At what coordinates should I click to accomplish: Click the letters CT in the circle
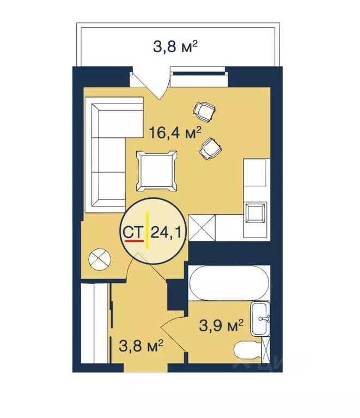click(x=133, y=233)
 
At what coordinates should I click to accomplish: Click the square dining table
click(x=157, y=171)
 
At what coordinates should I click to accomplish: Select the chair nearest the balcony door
click(x=204, y=112)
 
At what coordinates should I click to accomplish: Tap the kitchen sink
click(x=255, y=212)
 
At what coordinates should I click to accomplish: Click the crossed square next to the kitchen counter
click(x=203, y=227)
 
